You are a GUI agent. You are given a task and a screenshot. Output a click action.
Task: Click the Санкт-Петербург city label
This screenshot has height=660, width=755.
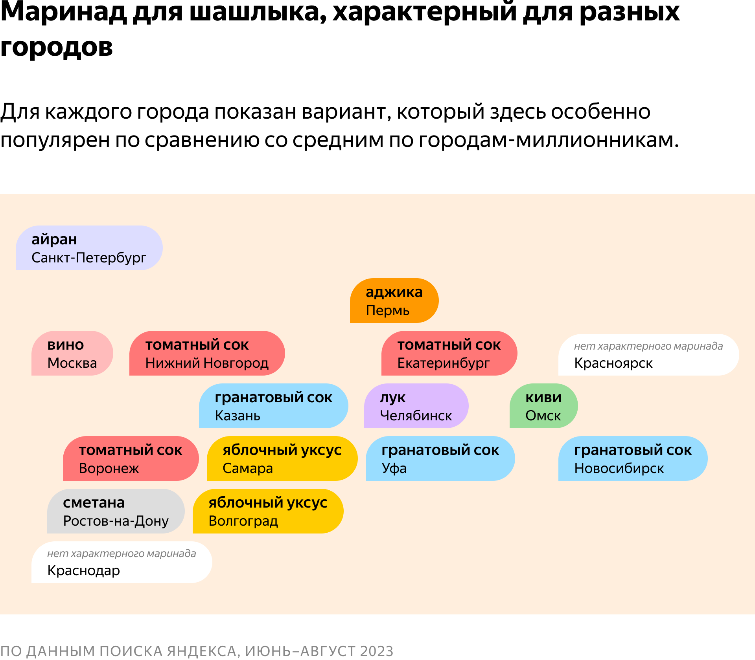point(89,258)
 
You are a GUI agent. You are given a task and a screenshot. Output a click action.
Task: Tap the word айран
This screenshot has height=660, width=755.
point(54,239)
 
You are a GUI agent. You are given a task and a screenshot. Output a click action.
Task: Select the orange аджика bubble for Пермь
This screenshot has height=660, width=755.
point(394,301)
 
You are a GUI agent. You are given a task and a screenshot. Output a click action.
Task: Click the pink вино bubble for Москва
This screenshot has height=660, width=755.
point(72,353)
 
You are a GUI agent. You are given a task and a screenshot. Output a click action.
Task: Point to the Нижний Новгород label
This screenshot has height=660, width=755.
point(207,363)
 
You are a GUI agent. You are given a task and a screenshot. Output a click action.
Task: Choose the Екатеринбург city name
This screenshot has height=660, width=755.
point(444,363)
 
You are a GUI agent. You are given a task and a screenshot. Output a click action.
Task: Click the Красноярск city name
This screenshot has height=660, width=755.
point(613,363)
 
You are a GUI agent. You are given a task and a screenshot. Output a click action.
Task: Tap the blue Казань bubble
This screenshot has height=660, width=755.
point(274,406)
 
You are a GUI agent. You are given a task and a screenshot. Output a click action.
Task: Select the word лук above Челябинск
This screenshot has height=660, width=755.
point(392,398)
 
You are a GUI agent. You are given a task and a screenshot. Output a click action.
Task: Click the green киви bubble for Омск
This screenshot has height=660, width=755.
point(544,406)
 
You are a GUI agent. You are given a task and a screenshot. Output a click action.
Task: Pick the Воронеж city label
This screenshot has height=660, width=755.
point(109,468)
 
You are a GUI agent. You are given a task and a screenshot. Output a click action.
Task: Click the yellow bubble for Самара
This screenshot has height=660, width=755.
point(282,458)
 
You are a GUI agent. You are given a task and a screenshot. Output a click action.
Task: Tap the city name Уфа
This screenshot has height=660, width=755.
point(394,468)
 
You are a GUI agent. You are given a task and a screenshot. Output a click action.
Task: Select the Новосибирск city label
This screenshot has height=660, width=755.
point(619,468)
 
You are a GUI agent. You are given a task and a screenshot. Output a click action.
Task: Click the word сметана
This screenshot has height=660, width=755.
point(94,502)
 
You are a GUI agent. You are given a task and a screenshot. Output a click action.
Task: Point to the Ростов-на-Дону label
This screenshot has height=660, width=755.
point(116,521)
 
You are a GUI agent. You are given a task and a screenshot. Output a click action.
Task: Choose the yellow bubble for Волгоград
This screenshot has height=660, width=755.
point(268,511)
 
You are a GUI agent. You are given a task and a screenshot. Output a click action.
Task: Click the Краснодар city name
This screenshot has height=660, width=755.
point(83,570)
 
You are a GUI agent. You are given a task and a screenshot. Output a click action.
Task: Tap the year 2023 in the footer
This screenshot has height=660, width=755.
point(376,651)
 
